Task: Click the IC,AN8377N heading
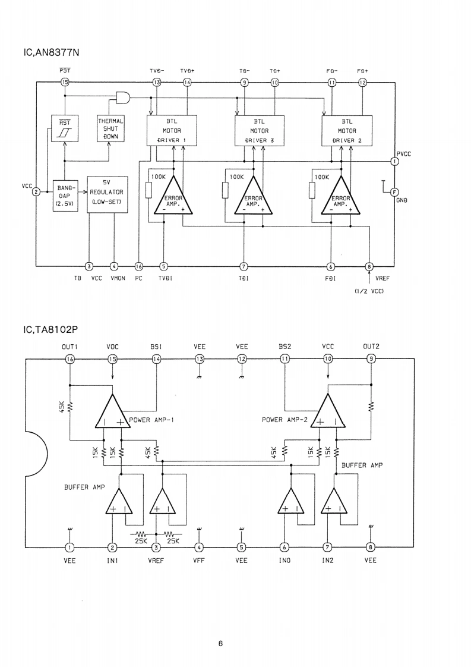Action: (x=50, y=52)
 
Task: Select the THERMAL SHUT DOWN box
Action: (x=110, y=128)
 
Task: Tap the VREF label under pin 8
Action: (x=382, y=277)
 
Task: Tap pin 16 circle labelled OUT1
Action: (x=70, y=358)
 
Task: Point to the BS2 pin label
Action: (x=285, y=346)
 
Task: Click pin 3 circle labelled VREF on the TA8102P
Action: (x=156, y=548)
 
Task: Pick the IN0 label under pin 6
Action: (x=285, y=560)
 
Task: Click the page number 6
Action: (x=220, y=643)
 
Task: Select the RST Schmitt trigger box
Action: (x=63, y=128)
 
